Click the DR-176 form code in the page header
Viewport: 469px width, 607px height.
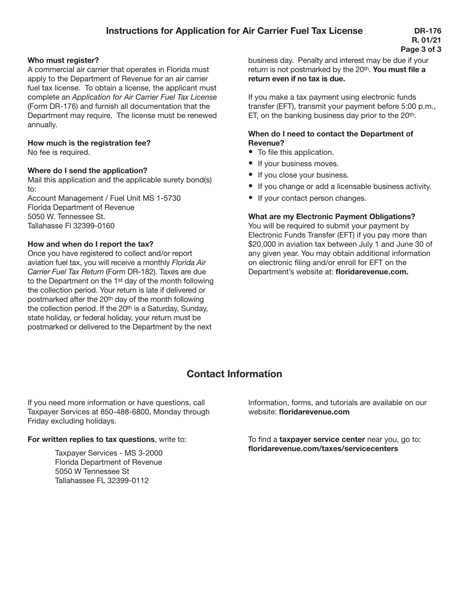tap(428, 31)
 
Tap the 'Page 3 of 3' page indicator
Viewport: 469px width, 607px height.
tap(421, 49)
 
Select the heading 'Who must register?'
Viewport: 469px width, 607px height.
tap(63, 60)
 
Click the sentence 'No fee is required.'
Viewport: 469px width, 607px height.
tap(59, 152)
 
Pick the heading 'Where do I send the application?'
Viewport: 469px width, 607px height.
tap(87, 171)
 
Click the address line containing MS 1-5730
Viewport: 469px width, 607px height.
tap(104, 198)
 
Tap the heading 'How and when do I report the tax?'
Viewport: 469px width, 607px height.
tap(90, 244)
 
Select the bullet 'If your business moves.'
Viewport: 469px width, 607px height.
tap(298, 164)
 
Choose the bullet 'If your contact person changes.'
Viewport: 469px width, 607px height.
tap(312, 198)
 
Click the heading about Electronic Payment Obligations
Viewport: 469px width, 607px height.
tap(331, 217)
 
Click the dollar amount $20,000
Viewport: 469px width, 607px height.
tap(264, 244)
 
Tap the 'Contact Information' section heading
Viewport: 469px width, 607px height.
tap(234, 374)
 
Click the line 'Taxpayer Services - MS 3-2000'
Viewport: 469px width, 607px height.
tap(109, 453)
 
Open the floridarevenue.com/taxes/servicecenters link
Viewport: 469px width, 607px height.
tap(323, 449)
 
